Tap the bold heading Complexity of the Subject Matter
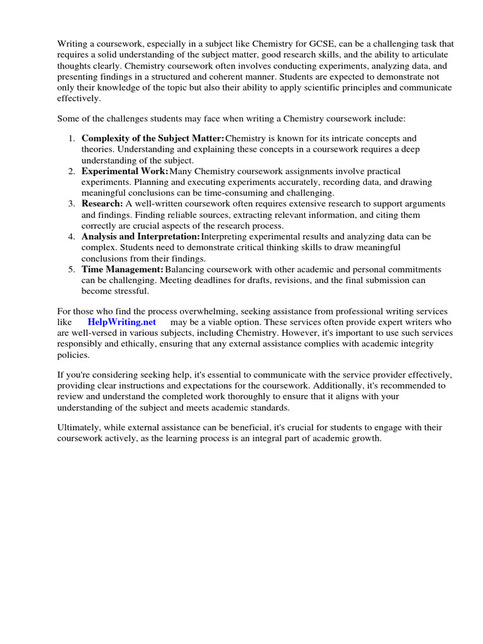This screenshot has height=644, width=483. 152,138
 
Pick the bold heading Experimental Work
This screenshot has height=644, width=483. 124,171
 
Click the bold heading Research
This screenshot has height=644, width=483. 101,204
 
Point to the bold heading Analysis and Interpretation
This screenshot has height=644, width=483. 140,236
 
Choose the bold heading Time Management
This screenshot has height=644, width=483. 122,269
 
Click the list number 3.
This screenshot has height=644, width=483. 71,204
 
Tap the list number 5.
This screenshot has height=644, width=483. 71,269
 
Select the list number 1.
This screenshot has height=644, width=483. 71,138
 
